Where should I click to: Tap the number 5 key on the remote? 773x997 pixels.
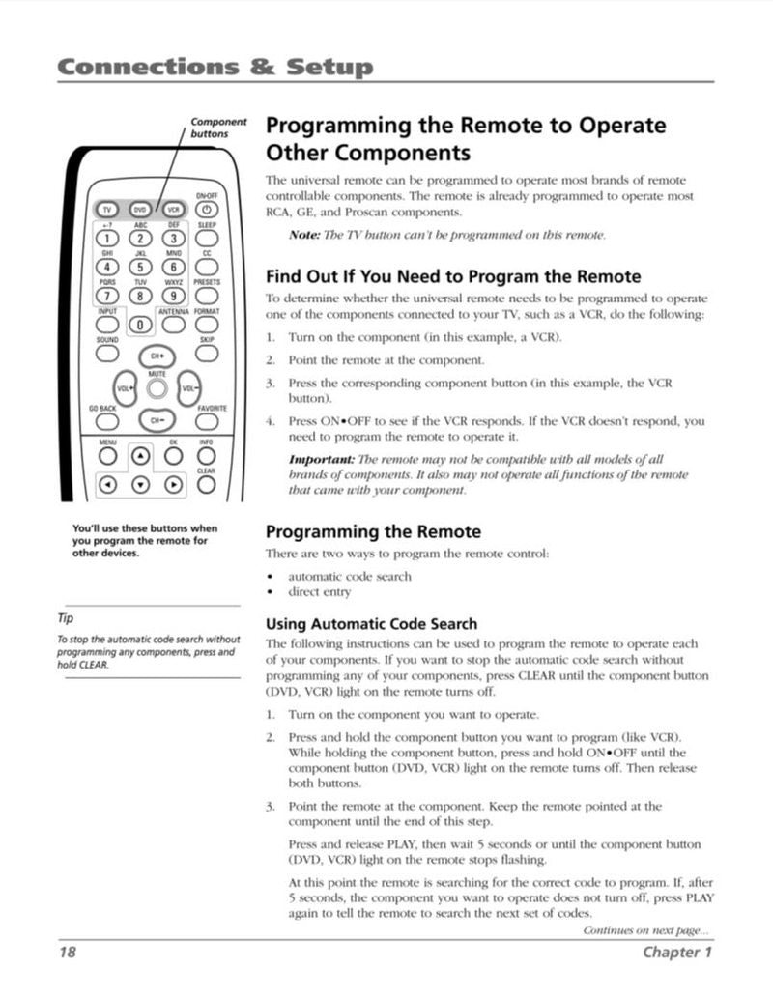[x=141, y=268]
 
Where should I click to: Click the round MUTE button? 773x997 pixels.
[x=157, y=388]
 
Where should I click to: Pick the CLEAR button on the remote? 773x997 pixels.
[x=206, y=484]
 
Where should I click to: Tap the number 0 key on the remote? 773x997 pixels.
[x=141, y=326]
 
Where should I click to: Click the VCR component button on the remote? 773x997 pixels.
[x=173, y=209]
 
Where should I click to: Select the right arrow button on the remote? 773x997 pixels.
[x=173, y=484]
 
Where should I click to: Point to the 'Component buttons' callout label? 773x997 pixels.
[x=217, y=128]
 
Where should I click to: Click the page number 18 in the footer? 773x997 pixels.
[x=66, y=952]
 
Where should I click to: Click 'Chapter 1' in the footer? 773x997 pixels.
[x=677, y=952]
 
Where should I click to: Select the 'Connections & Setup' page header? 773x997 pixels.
[x=215, y=67]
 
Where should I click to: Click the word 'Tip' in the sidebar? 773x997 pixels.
[x=65, y=618]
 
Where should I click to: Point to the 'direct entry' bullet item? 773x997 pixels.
[x=319, y=591]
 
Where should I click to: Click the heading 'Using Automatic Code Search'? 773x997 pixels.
[x=371, y=624]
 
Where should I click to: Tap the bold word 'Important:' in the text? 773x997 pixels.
[x=322, y=459]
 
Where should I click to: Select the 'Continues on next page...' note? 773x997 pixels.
[x=644, y=930]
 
